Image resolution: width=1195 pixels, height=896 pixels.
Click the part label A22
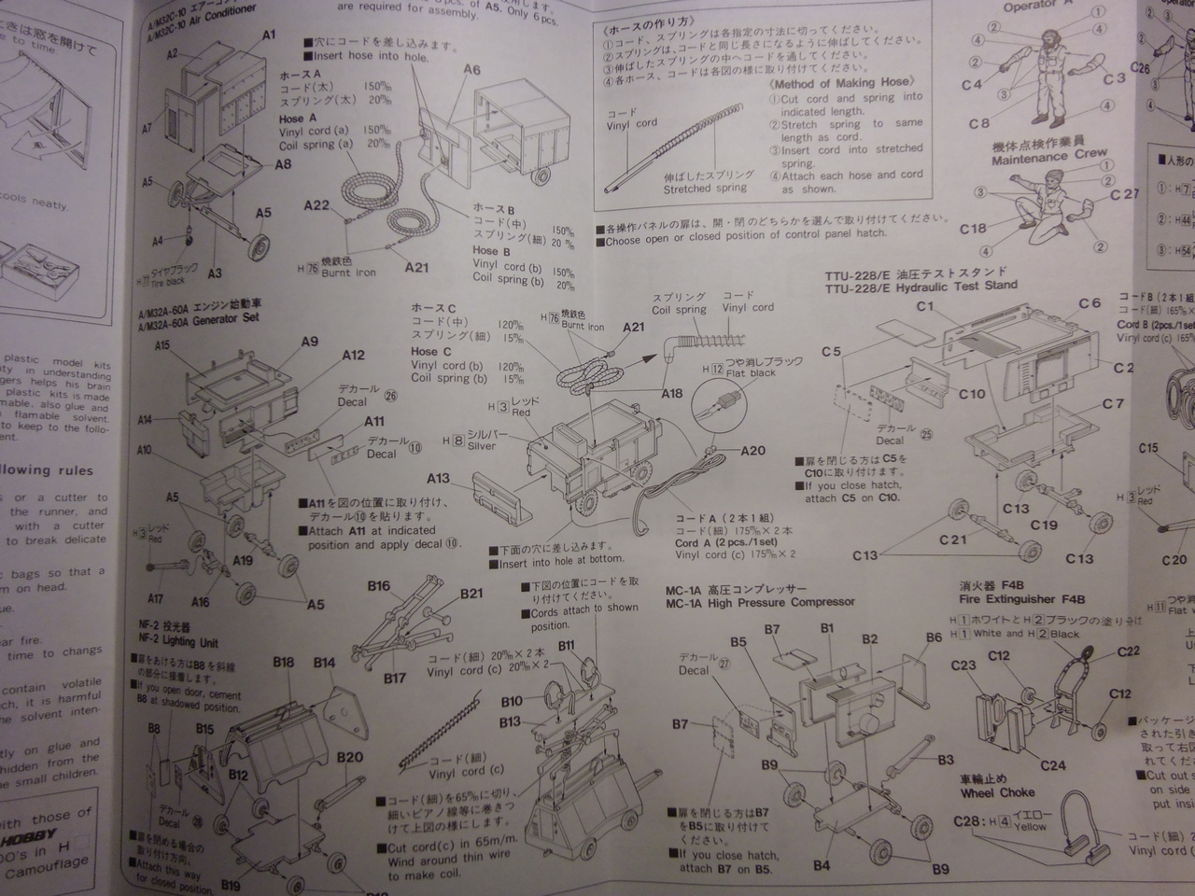pos(316,206)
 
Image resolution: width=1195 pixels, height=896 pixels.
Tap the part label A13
pos(439,478)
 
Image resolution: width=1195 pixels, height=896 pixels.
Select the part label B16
pos(378,586)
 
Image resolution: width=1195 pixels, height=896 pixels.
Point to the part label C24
pos(1052,765)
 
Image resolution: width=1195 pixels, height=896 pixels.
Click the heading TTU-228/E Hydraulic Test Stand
pos(921,286)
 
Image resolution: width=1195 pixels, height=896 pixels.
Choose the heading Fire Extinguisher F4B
pos(1019,599)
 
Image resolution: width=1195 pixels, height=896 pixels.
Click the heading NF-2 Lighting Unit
pos(178,641)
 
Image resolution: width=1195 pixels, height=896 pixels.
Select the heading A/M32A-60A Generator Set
pos(198,317)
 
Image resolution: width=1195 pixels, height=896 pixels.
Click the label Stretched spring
pos(700,189)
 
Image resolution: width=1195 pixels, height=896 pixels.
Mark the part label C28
pos(972,821)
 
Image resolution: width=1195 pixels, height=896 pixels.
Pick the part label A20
pos(752,451)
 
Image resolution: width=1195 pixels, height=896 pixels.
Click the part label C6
pos(1090,302)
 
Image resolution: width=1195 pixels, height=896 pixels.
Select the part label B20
pos(350,757)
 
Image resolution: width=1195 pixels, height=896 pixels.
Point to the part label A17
pos(156,599)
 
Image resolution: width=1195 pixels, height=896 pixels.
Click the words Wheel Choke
pos(997,792)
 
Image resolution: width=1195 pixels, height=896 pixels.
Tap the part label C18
pos(973,229)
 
